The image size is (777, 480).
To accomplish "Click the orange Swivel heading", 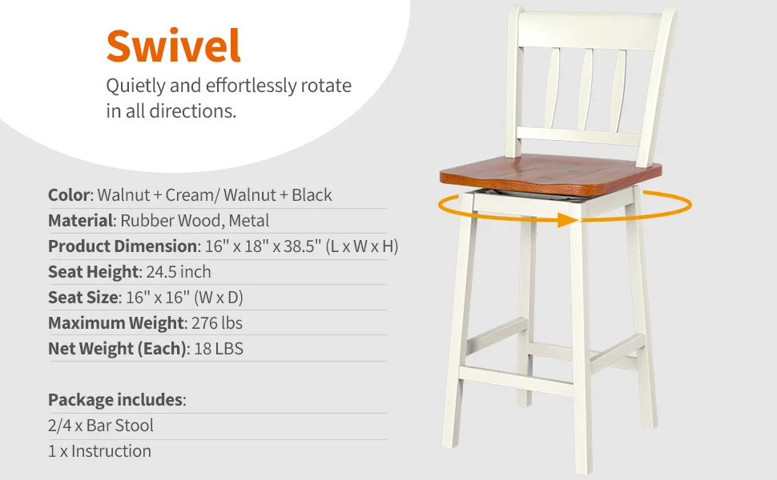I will coord(173,46).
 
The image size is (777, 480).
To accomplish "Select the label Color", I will coord(70,195).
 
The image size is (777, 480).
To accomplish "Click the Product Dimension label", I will coord(122,246).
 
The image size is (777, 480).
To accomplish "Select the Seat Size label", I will coord(83,298).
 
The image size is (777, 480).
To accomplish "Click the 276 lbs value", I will coord(217,323).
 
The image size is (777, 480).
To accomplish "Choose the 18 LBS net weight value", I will coord(218,349).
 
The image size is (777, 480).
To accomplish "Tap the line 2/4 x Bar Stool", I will coord(100,425).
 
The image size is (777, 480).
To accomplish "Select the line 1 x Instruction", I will coord(99,450).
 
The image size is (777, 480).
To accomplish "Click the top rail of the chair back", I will coord(591,29).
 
